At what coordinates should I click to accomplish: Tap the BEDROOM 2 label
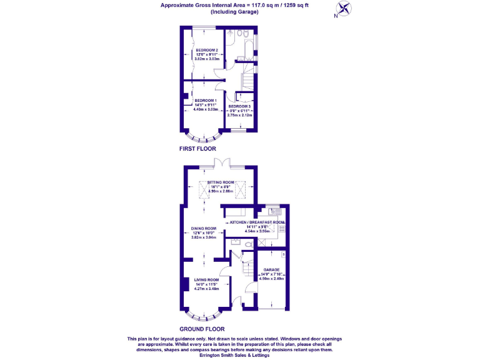click(x=206, y=50)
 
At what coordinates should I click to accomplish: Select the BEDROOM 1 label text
click(x=205, y=101)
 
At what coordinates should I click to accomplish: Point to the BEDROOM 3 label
click(x=239, y=107)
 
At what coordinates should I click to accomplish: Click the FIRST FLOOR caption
click(x=197, y=149)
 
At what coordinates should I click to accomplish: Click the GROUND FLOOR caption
click(x=202, y=328)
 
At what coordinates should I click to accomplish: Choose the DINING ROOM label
click(x=204, y=229)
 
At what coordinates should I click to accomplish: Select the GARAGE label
click(x=271, y=270)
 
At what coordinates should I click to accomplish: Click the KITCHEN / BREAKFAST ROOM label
click(x=257, y=222)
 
